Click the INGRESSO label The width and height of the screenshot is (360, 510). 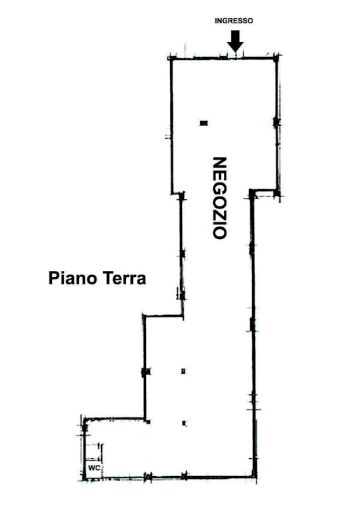(x=234, y=21)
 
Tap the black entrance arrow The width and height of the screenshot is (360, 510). (x=235, y=41)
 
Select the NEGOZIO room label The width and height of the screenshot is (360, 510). (x=219, y=198)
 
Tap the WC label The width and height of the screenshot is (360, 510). (x=94, y=468)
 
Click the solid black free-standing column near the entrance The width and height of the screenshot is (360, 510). (x=204, y=123)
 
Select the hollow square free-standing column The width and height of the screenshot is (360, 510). (x=183, y=371)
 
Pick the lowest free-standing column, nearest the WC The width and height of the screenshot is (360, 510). (x=184, y=423)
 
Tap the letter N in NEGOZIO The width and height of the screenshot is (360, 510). (x=219, y=163)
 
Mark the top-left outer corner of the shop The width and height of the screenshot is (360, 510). (x=170, y=58)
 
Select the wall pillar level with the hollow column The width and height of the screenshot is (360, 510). (x=145, y=371)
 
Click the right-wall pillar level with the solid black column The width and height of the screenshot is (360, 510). (x=276, y=122)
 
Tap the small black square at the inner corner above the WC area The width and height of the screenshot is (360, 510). (x=148, y=422)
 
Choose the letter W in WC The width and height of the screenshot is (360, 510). (x=92, y=468)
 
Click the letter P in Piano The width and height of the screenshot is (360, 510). (x=52, y=278)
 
